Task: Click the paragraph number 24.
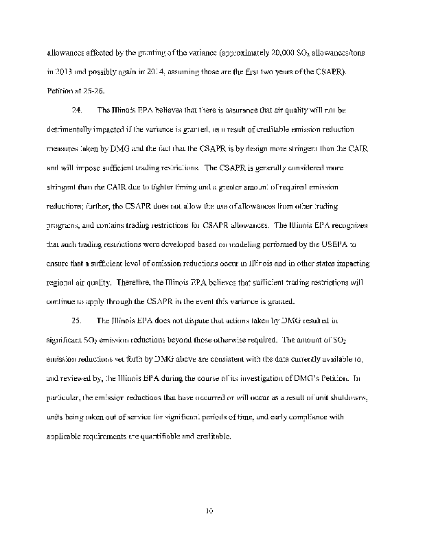(77, 110)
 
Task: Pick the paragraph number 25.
(77, 320)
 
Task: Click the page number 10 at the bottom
(210, 510)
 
